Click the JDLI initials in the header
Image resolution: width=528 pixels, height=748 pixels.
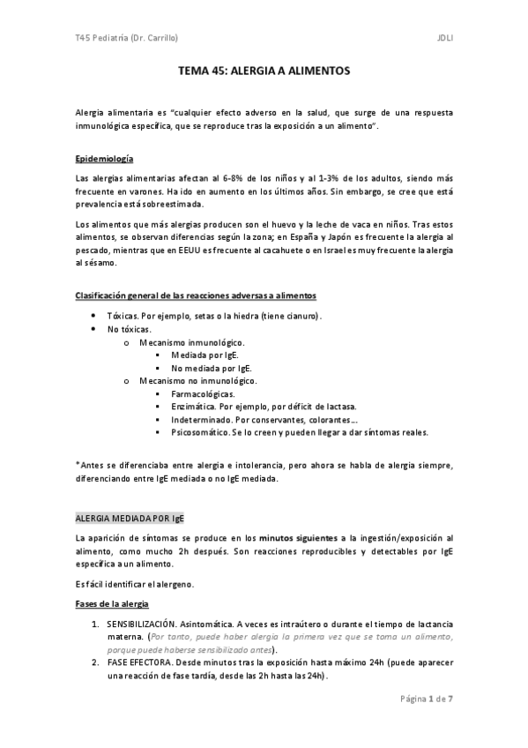click(443, 39)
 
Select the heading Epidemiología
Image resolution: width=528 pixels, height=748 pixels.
click(104, 159)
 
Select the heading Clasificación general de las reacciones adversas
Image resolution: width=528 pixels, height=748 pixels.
click(196, 294)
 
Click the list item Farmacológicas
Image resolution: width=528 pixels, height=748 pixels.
click(202, 393)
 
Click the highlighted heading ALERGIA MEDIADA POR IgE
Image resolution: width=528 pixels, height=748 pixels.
click(130, 517)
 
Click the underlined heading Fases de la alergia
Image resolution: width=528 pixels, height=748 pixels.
click(113, 603)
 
